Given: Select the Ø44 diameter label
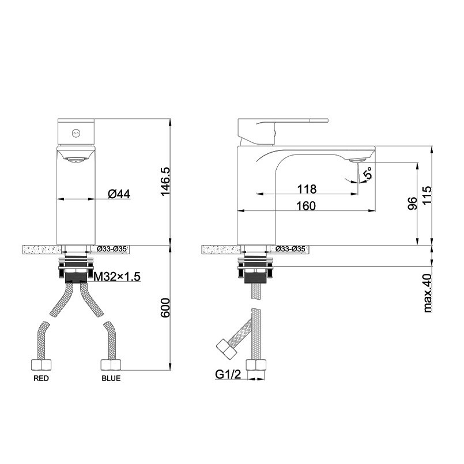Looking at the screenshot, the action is point(119,194).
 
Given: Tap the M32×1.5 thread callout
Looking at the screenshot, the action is point(117,277).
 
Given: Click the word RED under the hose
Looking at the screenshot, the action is point(41,378).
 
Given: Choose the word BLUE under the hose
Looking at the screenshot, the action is point(111,378).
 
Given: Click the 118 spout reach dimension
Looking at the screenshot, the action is point(307,189).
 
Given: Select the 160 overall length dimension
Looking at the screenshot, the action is point(306,206).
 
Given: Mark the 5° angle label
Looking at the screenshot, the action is point(368,173).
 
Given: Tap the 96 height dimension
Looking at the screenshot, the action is point(412,203).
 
